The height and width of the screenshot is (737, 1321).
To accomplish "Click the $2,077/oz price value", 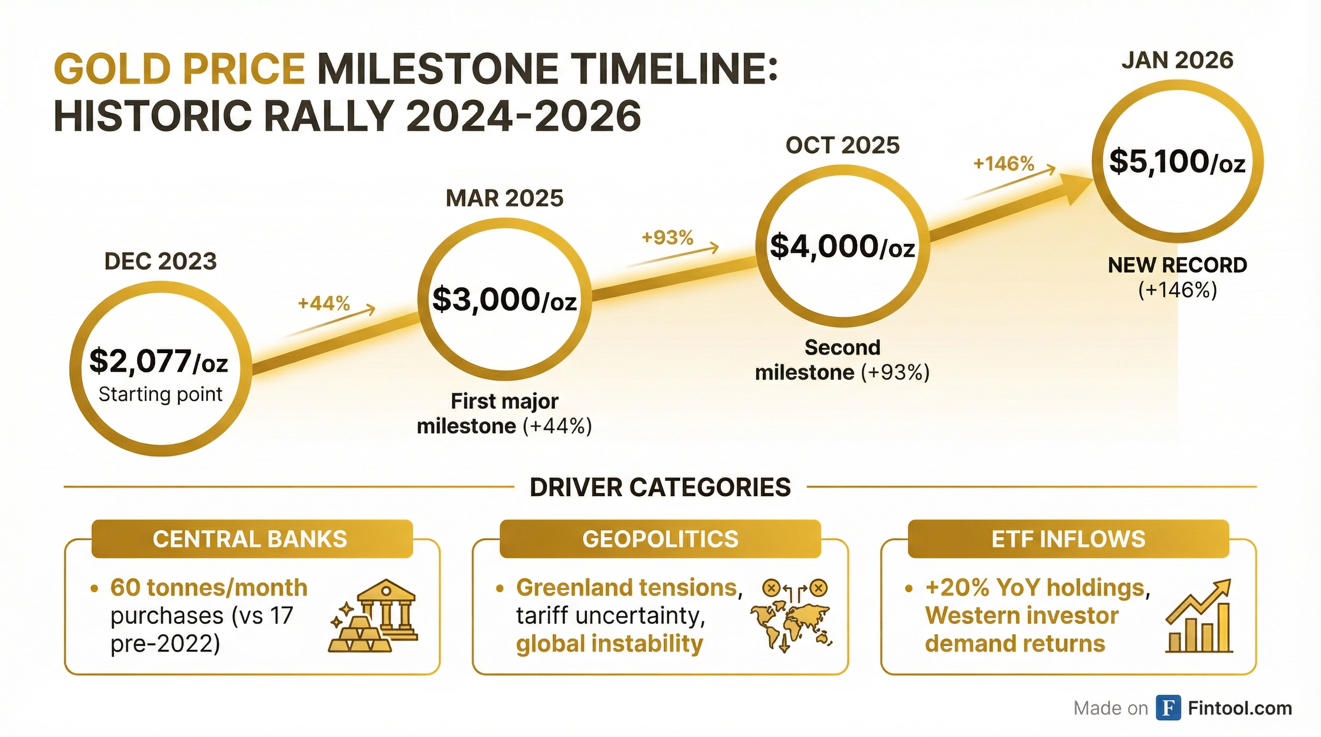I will coord(158,361).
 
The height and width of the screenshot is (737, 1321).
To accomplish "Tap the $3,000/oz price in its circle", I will coord(504,300).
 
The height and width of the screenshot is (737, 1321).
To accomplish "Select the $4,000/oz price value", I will coord(842,247).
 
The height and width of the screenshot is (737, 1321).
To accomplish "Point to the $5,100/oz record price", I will coord(1177,163).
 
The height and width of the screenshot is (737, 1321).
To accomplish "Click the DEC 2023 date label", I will coord(160,262).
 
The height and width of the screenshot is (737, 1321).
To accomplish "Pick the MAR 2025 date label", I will coord(504,198).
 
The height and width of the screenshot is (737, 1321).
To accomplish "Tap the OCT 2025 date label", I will coord(842,145).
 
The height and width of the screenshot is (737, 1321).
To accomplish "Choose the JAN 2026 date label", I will coord(1177,60).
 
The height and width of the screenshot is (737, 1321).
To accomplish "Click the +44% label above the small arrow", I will coord(324,303).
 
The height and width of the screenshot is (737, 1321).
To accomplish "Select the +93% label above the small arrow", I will coord(667,238).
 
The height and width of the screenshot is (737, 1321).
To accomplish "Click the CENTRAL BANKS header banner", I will coord(252,539).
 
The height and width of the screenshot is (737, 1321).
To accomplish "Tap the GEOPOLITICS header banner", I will coord(660,539).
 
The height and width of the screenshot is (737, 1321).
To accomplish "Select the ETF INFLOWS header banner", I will coord(1068,539).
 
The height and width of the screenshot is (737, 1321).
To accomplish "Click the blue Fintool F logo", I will coord(1169,708).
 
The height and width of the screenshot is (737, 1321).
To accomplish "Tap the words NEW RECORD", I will coord(1177,265).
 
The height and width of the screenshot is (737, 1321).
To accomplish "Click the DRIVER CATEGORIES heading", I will coord(660,487).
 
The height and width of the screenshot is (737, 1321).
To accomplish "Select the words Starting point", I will coord(160,394).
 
